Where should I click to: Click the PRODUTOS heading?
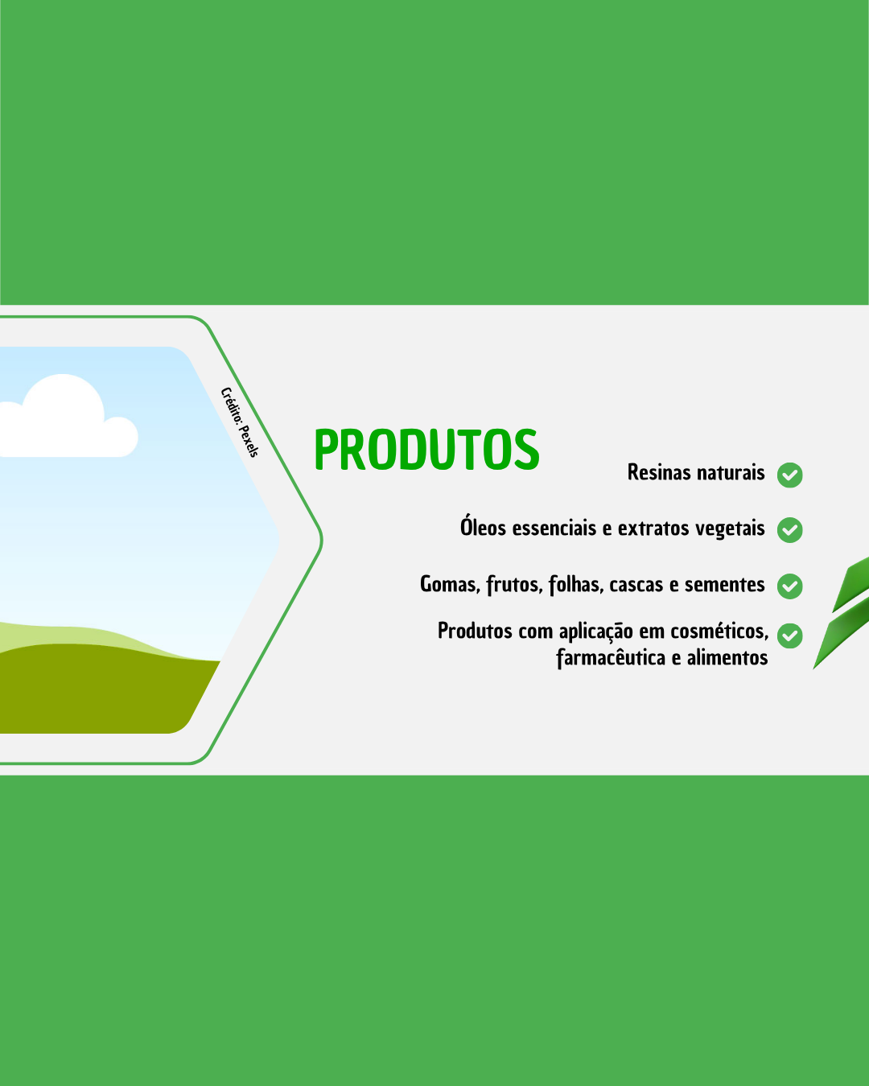(x=426, y=449)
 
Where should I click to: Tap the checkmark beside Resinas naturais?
(x=789, y=475)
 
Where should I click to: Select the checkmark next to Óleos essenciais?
(x=789, y=530)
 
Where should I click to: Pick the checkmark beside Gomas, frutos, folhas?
(x=789, y=586)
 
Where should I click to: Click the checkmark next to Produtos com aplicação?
(x=789, y=636)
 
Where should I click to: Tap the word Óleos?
(x=483, y=527)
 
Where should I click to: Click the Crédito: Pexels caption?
(x=240, y=422)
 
